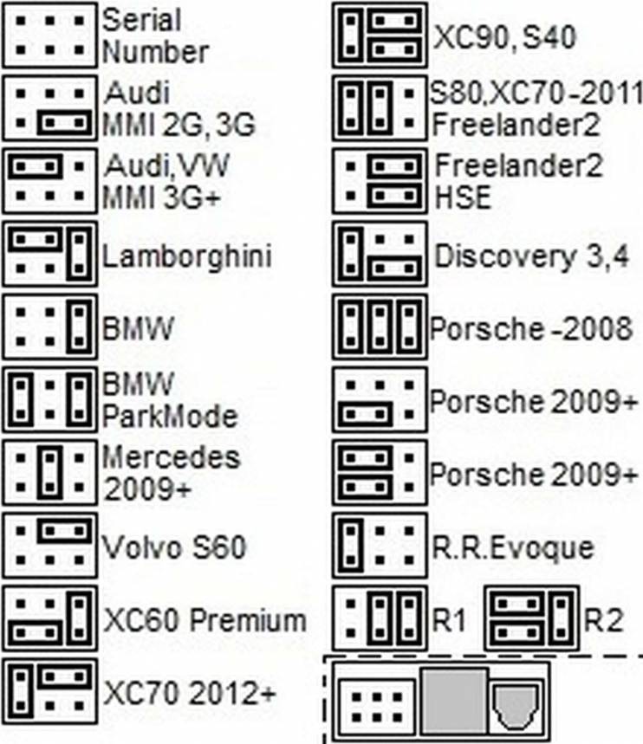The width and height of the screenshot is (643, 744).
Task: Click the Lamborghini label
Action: point(187,256)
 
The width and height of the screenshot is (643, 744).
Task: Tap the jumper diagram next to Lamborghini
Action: point(50,254)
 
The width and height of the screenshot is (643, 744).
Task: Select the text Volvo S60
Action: point(174,547)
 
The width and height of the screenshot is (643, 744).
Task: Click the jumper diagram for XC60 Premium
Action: point(50,618)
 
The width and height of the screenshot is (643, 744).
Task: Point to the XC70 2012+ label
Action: point(189,693)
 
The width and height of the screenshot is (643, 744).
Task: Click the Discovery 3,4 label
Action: point(531,256)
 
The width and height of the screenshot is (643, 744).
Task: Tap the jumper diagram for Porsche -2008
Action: point(380,327)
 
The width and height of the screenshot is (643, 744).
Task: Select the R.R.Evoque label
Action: point(512,548)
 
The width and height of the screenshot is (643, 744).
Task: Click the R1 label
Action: point(448,619)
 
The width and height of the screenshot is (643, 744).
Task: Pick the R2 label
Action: point(603,619)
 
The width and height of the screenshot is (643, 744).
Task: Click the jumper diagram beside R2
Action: point(531,618)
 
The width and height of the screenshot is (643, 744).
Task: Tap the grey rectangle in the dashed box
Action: point(454,702)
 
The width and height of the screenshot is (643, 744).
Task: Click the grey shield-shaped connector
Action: point(515,706)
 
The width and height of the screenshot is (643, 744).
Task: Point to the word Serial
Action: point(141,21)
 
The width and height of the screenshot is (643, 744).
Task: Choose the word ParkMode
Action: point(170,417)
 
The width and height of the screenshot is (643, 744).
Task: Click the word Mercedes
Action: point(172,457)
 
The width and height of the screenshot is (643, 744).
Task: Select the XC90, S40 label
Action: point(504,37)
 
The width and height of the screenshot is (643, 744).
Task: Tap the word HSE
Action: point(463,197)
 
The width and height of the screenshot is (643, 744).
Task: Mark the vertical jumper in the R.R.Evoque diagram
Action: point(351,546)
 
